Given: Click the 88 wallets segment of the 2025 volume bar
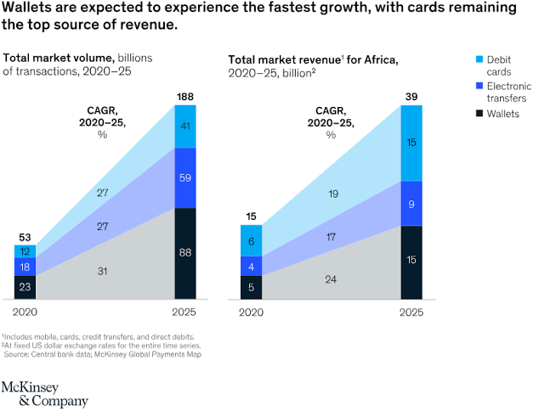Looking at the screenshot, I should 184,254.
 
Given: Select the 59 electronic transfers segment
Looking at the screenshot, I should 184,178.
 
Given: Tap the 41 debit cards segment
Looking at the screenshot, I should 184,126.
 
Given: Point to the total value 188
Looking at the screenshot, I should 184,96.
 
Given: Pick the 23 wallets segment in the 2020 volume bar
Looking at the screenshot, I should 25,287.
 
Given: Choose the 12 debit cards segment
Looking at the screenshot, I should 25,251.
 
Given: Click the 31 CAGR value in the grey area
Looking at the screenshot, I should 102,271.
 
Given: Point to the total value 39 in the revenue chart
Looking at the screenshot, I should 411,96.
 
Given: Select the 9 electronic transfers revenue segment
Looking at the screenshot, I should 411,204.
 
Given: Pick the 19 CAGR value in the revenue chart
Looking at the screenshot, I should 332,194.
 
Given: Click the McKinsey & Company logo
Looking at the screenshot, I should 43,393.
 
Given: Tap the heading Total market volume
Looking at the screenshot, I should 58,58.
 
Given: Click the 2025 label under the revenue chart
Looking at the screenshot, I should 411,312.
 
